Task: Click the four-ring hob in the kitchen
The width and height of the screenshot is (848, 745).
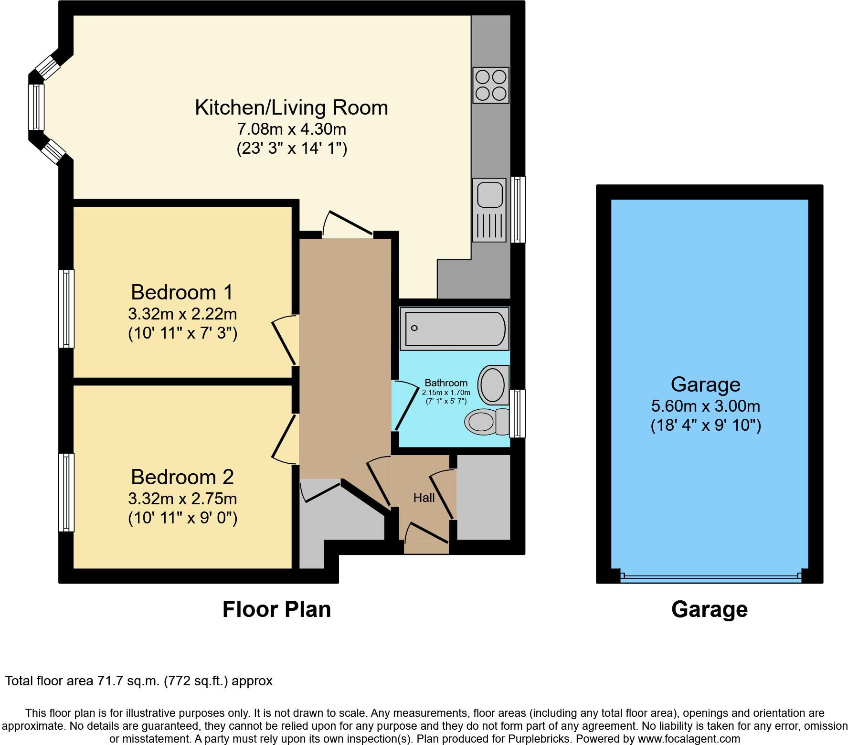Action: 490,85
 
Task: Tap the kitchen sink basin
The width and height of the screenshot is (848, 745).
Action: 489,194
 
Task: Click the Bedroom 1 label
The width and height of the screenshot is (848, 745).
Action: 182,292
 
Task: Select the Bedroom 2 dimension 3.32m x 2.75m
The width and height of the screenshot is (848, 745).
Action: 182,499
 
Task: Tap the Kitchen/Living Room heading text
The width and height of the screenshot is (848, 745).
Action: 291,107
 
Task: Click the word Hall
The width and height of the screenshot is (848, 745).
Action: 424,498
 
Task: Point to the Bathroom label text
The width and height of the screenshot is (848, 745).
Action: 446,383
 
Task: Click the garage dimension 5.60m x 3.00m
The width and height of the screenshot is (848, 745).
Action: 705,406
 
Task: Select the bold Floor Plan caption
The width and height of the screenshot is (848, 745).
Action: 276,610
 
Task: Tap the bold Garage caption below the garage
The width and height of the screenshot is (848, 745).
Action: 709,610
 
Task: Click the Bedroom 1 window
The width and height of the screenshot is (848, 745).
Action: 66,309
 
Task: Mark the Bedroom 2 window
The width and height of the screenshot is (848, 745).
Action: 66,492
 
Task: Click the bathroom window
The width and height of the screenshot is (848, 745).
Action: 517,413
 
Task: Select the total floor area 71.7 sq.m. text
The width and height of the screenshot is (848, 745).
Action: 138,681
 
